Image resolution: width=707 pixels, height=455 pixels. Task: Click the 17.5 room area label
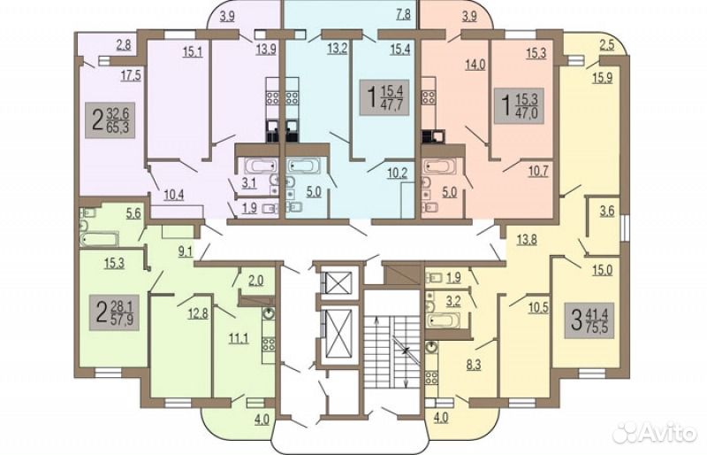coord(131,75)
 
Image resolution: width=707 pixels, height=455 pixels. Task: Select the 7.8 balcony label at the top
coord(403,14)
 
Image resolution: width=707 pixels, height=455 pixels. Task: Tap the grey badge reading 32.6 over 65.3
coord(110,120)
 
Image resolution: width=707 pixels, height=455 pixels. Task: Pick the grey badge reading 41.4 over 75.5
coord(589,320)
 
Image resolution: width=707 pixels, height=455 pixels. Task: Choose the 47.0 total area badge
coord(520,105)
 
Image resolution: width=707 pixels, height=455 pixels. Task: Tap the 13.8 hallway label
coord(526,239)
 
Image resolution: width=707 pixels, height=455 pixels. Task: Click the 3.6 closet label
coord(607,211)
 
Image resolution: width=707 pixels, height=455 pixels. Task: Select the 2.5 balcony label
coord(606,46)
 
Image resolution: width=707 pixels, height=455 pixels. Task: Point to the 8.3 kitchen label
coord(473,364)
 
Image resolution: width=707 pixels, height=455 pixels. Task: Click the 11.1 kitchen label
coord(238,337)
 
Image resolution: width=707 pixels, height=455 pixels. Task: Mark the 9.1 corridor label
coord(185,251)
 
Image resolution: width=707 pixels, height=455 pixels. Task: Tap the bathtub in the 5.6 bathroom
coord(99,239)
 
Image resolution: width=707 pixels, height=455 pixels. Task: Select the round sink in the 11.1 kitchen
coord(269,312)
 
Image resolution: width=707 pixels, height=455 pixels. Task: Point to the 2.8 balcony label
coord(124,44)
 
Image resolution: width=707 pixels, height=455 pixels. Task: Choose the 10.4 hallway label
coord(173,196)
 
